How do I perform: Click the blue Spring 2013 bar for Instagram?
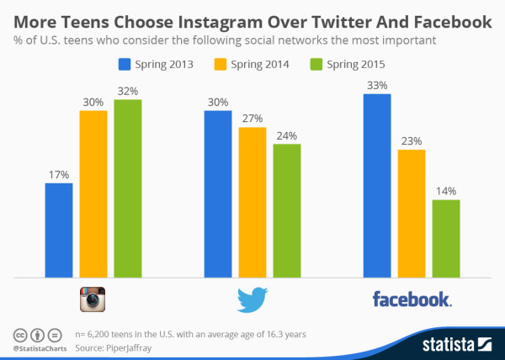[x=59, y=230]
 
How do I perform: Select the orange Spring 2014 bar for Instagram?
[x=93, y=193]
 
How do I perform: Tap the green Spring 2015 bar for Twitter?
[x=287, y=210]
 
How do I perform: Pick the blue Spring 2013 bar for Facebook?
[x=377, y=185]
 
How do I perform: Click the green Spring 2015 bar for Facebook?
[x=445, y=238]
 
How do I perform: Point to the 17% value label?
[x=59, y=175]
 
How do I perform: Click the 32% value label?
[x=128, y=91]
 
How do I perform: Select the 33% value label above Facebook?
[x=377, y=86]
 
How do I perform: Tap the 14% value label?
[x=445, y=192]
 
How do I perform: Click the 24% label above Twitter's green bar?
[x=287, y=135]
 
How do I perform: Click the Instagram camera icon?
[x=93, y=299]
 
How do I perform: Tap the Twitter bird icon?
[x=252, y=299]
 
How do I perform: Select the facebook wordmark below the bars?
[x=412, y=299]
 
